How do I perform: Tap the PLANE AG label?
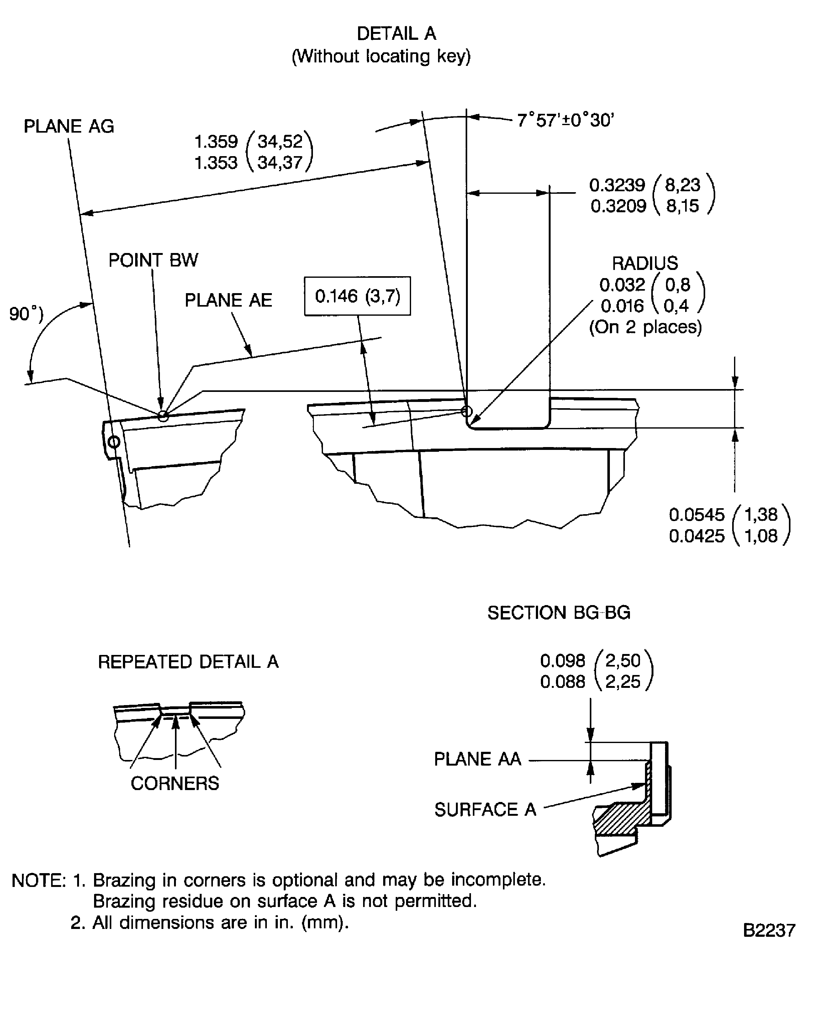[69, 126]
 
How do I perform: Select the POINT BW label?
[153, 260]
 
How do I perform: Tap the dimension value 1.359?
[216, 142]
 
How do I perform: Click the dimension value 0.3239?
[617, 185]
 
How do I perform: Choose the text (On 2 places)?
[645, 327]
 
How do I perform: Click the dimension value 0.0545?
[696, 514]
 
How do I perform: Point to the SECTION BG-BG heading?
[558, 613]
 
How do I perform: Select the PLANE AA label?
[477, 759]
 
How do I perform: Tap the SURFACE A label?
[485, 809]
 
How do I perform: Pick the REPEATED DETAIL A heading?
[188, 662]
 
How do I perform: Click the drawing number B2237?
[769, 930]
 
